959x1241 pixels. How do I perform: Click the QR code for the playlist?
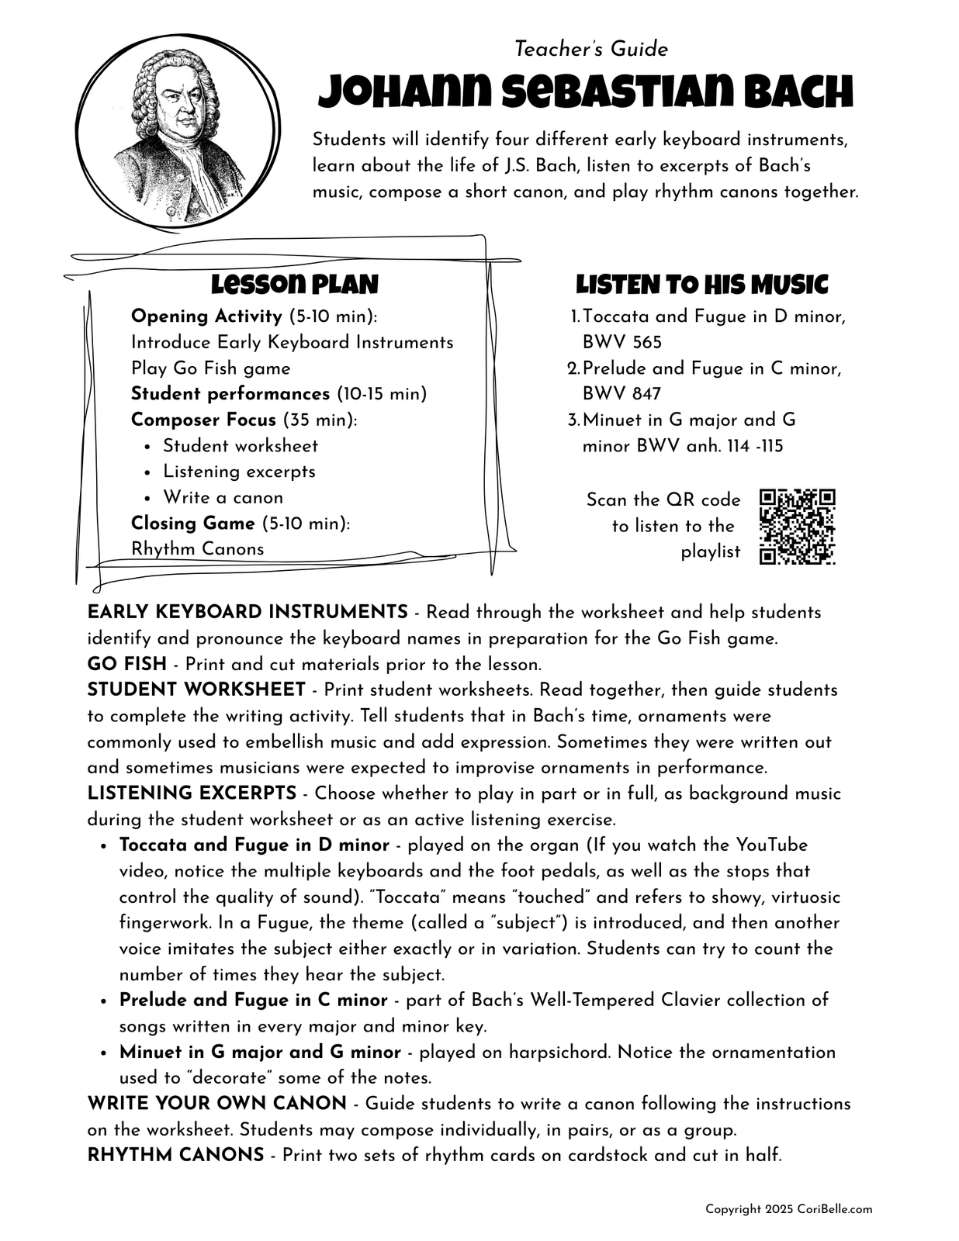coord(797,526)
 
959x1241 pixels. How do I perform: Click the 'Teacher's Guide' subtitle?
coord(591,50)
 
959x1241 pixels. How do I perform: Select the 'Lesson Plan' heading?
coord(295,285)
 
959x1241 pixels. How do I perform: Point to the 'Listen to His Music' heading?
coord(701,285)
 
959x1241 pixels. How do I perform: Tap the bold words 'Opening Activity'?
coord(206,316)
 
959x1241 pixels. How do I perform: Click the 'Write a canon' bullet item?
coord(223,497)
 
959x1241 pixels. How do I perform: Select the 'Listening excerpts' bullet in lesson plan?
coord(239,472)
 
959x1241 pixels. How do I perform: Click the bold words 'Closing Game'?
coord(192,523)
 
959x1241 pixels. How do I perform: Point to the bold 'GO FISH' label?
coord(126,664)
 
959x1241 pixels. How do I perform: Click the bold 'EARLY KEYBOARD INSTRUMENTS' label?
coord(248,612)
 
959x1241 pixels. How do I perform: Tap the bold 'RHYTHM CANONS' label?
coord(175,1155)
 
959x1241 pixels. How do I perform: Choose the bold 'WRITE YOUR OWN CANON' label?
coord(216,1103)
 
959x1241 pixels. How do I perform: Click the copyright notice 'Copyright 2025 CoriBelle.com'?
coord(788,1209)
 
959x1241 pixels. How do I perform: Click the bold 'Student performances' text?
coord(230,394)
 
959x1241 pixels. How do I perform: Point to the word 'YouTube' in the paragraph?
coord(771,845)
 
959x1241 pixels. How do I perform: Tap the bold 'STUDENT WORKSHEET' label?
coord(196,690)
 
